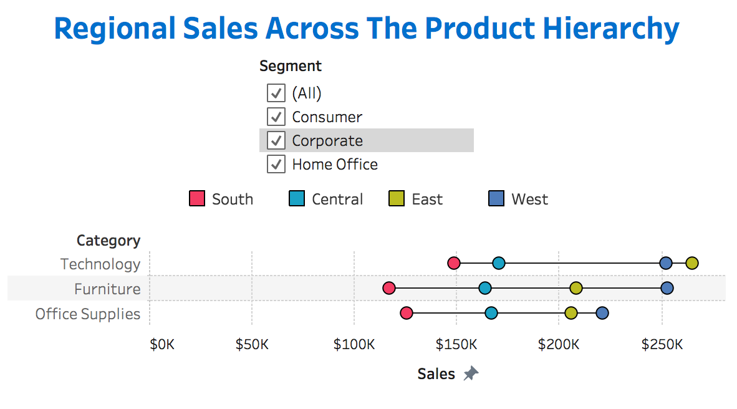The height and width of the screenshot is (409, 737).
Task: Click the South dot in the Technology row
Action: [454, 263]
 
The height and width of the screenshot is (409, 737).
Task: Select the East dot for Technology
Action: [691, 263]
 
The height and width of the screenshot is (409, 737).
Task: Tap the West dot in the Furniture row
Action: [667, 288]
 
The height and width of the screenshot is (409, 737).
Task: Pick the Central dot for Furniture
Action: [485, 288]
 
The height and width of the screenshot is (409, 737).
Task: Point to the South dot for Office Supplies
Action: [407, 313]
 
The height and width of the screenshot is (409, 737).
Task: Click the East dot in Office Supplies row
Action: [571, 313]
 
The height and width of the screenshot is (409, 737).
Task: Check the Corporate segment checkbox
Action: [276, 140]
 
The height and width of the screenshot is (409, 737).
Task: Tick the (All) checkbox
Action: [276, 93]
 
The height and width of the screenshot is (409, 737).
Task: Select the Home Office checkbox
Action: [276, 164]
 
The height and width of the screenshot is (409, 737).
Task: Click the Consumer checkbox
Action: [276, 117]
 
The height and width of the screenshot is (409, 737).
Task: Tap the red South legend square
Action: [197, 199]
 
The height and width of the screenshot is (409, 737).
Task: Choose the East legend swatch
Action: [397, 199]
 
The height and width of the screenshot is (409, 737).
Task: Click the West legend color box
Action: [496, 199]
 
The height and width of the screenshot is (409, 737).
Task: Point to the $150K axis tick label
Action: [456, 345]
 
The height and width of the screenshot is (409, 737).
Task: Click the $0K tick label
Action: [162, 345]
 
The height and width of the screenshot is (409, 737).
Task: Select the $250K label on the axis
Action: [662, 345]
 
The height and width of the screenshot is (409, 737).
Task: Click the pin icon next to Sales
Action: [471, 374]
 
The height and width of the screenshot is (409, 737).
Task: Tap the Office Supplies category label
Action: [88, 314]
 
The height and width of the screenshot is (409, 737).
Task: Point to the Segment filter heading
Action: [291, 66]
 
